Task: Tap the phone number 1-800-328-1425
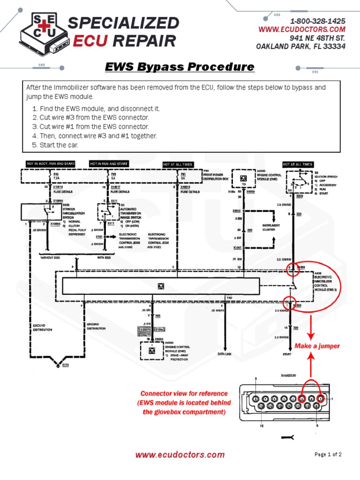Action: click(x=318, y=21)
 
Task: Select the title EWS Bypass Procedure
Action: click(x=180, y=67)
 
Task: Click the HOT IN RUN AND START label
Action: click(x=109, y=164)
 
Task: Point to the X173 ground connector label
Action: click(x=66, y=365)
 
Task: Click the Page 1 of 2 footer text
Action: click(x=328, y=454)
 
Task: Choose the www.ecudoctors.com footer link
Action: click(x=180, y=454)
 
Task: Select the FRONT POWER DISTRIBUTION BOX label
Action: click(x=216, y=177)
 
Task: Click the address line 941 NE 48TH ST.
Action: click(x=317, y=38)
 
